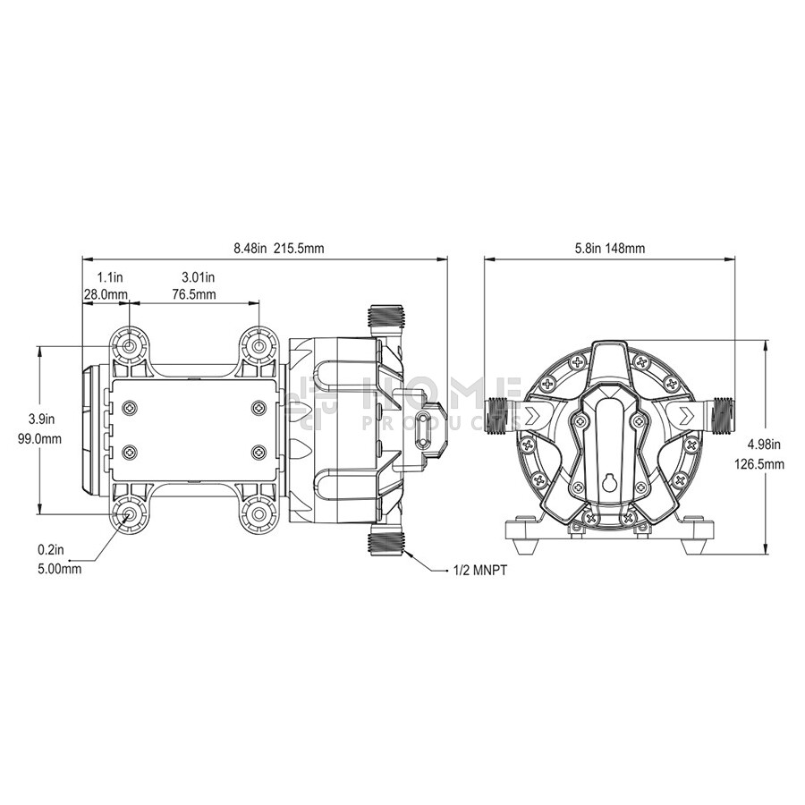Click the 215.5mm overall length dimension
[299, 249]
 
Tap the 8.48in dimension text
[250, 249]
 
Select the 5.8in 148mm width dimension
[609, 249]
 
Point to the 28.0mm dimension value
[106, 294]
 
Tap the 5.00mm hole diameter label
[60, 569]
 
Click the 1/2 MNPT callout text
[480, 571]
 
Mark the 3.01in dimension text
[199, 277]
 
